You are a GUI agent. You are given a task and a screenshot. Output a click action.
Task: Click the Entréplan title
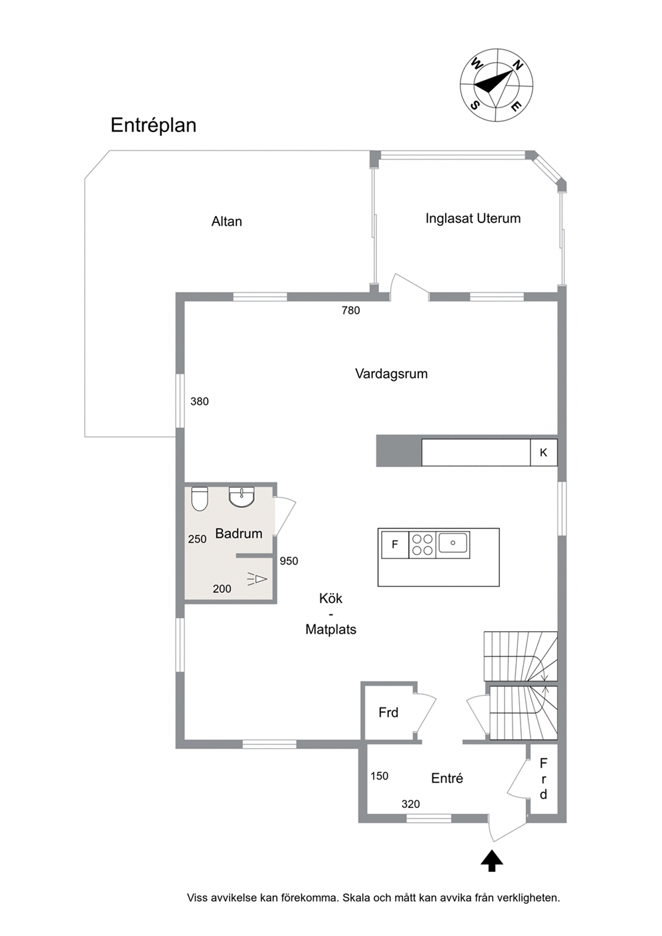(x=153, y=126)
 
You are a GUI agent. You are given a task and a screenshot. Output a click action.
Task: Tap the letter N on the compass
(x=518, y=65)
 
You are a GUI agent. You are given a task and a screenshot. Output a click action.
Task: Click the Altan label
(x=226, y=221)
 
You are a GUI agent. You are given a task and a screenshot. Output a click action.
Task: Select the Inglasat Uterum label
(x=473, y=219)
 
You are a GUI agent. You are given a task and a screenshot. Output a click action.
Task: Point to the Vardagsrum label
(x=391, y=374)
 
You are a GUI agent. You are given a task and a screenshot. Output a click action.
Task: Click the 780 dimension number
(x=350, y=310)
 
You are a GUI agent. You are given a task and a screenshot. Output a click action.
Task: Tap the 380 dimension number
(x=200, y=402)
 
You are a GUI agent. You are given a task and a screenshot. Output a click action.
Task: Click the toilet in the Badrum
(x=200, y=499)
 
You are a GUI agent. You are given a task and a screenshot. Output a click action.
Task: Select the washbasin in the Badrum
(x=242, y=497)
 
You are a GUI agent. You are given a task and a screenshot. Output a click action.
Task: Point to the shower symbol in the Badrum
(x=257, y=578)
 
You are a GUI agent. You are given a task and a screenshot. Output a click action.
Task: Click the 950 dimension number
(x=289, y=561)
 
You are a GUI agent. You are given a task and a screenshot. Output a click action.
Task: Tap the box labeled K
(x=544, y=452)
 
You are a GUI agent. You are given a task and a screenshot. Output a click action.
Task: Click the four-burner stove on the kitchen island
(x=422, y=545)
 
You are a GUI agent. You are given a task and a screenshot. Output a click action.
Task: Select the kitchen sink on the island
(x=452, y=544)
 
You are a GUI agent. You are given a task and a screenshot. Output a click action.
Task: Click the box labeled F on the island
(x=395, y=545)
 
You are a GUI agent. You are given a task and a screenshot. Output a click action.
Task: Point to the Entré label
(x=446, y=779)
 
